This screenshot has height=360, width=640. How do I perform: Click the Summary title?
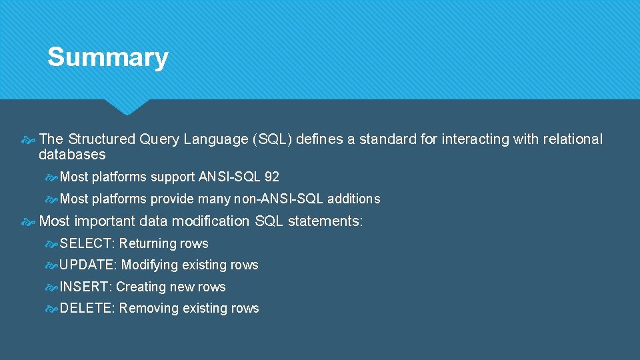click(107, 57)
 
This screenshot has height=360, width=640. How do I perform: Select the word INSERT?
click(85, 287)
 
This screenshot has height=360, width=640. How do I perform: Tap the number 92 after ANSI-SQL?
click(271, 177)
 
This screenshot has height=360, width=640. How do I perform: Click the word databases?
click(72, 155)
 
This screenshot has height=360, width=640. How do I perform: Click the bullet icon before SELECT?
click(51, 243)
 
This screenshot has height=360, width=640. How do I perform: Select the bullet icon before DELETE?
click(51, 308)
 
